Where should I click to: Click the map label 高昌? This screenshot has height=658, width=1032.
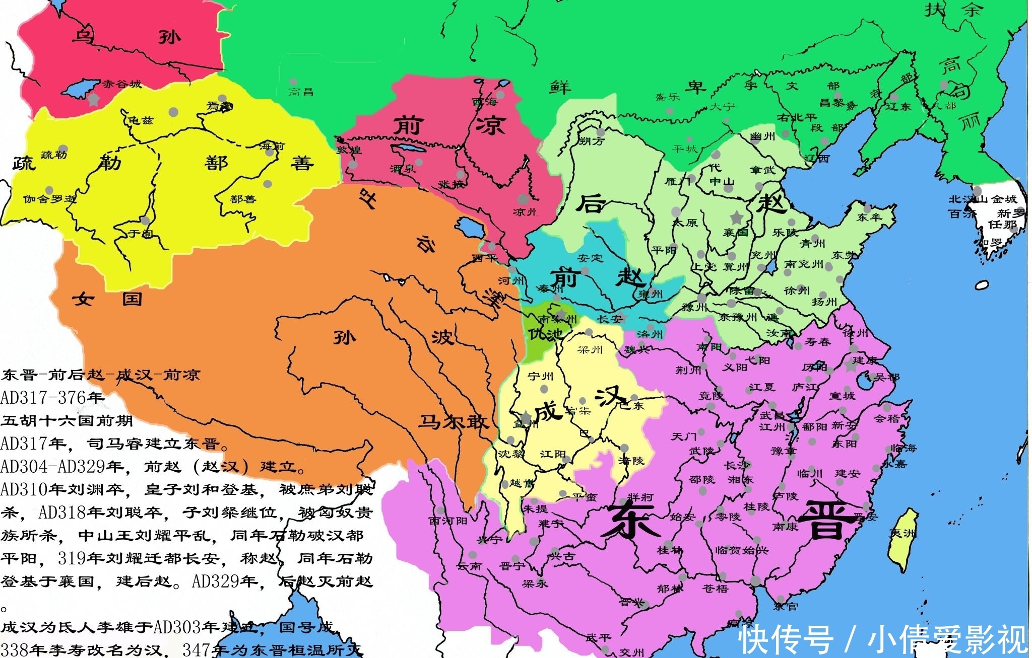coord(301,91)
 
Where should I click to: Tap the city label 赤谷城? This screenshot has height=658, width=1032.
coord(122,84)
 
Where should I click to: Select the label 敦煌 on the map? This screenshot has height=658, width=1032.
coord(349,150)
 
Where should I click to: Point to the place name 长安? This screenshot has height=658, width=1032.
coord(610,319)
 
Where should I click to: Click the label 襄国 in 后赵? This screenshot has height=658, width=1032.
coord(736,232)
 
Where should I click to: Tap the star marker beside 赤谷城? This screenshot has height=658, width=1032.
coord(93,99)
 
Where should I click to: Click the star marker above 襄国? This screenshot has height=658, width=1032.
coord(737,217)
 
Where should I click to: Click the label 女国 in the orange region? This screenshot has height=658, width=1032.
coord(107,299)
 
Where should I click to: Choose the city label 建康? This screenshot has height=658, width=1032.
coord(865,360)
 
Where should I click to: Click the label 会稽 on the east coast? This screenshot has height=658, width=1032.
coord(886,418)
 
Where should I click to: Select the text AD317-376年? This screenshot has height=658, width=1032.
coord(52,397)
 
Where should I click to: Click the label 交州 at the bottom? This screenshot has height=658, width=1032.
coord(631,652)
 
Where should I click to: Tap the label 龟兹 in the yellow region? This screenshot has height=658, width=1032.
coord(141,120)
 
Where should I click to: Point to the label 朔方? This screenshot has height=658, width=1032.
coord(591,141)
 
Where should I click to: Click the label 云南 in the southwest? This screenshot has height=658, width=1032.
coord(469,566)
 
